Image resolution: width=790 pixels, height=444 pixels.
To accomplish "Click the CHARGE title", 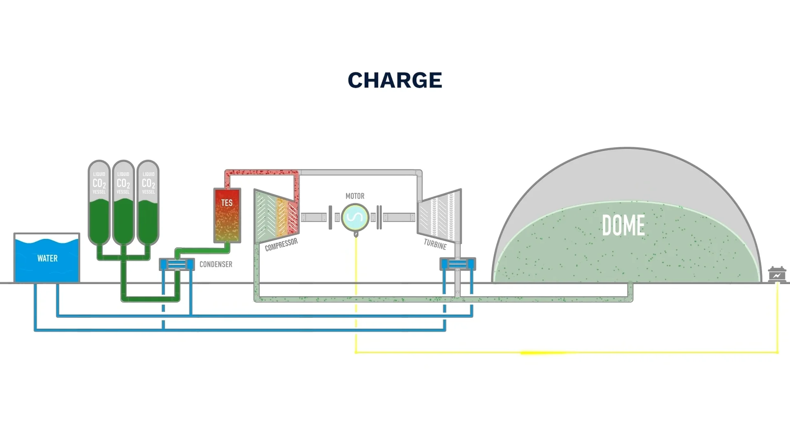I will click(395, 80).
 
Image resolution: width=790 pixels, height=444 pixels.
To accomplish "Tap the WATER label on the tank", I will click(47, 258).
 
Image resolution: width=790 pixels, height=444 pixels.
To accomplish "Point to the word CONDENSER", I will click(216, 264).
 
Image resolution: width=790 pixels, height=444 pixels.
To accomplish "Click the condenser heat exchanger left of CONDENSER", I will click(177, 264).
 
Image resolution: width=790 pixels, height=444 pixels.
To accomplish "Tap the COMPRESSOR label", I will click(281, 245).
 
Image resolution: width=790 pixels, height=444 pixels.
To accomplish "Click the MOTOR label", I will click(355, 196).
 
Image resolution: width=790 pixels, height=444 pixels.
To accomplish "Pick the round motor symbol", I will click(355, 217).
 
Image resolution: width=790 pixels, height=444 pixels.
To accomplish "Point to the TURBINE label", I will click(435, 245).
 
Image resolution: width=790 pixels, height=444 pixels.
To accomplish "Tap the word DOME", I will click(623, 225).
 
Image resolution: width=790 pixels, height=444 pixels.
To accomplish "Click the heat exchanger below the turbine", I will click(458, 264).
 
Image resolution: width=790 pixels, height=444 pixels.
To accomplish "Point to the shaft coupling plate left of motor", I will click(330, 217).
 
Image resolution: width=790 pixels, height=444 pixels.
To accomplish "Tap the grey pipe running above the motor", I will click(358, 172).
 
